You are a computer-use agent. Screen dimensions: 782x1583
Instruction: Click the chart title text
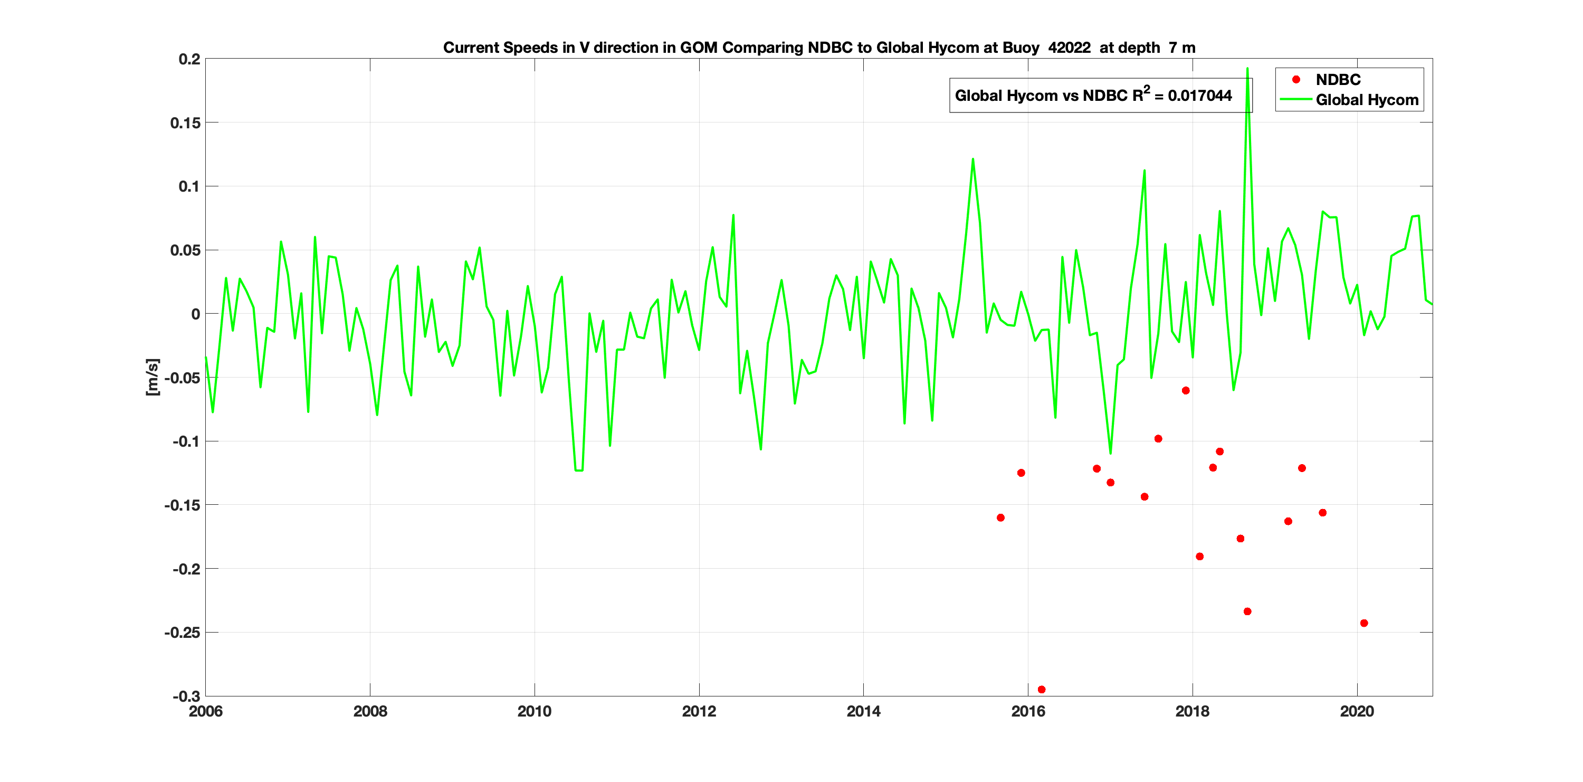point(818,48)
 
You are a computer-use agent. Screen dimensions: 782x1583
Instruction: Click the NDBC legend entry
point(1337,80)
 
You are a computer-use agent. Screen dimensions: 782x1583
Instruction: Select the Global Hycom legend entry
point(1366,100)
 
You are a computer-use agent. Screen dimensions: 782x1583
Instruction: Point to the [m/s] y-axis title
point(152,377)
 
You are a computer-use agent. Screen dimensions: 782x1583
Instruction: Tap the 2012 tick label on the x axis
point(699,712)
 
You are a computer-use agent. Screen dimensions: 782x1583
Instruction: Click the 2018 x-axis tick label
point(1192,712)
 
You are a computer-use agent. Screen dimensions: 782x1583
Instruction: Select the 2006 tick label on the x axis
point(206,712)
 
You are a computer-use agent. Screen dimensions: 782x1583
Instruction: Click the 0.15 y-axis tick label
point(185,123)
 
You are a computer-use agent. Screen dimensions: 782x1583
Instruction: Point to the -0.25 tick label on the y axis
point(182,633)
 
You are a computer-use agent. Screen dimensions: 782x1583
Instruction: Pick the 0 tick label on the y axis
point(195,314)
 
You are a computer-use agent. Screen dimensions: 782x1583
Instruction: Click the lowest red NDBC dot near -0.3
point(1041,690)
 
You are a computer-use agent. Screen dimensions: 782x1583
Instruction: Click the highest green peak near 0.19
point(1247,69)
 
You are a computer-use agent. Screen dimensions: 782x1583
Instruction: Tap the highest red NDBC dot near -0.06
point(1186,391)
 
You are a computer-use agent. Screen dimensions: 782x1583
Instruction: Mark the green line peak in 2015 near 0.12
point(973,159)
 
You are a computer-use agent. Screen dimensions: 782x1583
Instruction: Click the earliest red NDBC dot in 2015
point(1000,517)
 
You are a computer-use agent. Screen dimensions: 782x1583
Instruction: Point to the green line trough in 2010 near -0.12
point(578,470)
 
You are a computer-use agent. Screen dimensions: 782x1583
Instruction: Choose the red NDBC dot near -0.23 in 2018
point(1247,611)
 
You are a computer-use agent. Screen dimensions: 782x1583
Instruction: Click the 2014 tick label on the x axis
point(863,712)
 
